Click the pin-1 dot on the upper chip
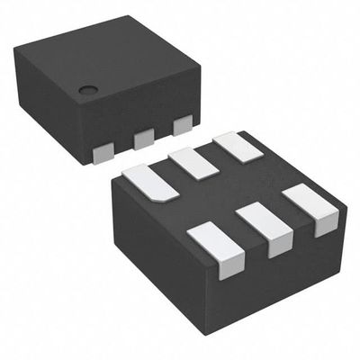[87, 89]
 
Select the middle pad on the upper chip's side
[143, 139]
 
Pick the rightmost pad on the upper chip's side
[183, 126]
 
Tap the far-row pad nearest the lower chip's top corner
[232, 145]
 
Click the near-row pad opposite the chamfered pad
[211, 241]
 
